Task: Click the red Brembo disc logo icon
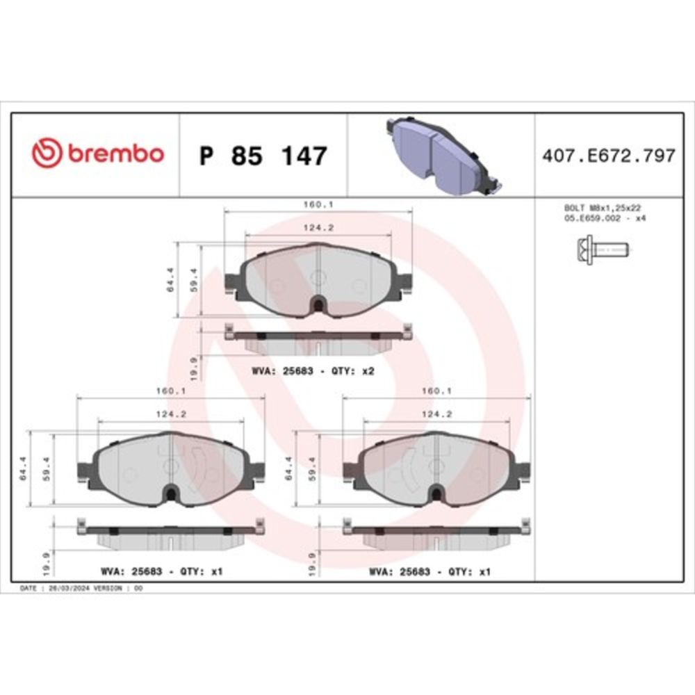[47, 154]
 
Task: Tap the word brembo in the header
[115, 154]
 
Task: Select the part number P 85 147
[263, 156]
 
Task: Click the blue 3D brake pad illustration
[441, 154]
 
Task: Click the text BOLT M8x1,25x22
[601, 208]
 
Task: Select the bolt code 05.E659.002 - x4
[601, 218]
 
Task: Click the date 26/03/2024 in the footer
[67, 588]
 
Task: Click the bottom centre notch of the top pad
[318, 304]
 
